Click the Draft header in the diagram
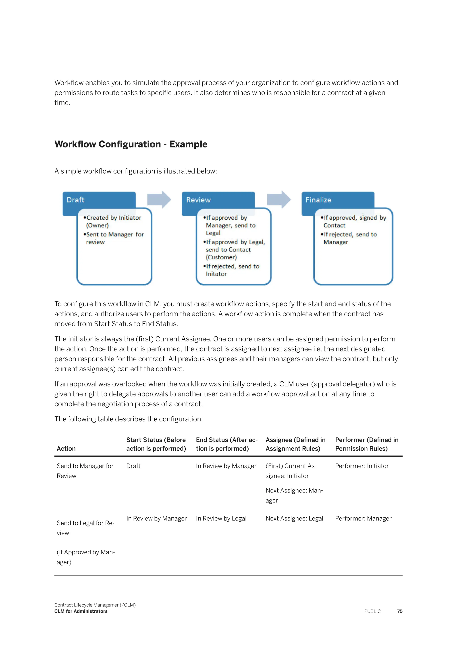coord(75,200)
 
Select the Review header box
coord(198,200)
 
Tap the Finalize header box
coord(318,200)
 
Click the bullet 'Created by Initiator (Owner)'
coord(113,221)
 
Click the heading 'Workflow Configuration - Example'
coord(131,144)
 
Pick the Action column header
coord(66,448)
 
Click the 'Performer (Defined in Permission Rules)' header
coord(367,444)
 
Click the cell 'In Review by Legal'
coord(221,518)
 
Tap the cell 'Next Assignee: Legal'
coord(294,518)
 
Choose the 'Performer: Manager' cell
coord(363,518)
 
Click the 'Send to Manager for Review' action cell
coord(85,471)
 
